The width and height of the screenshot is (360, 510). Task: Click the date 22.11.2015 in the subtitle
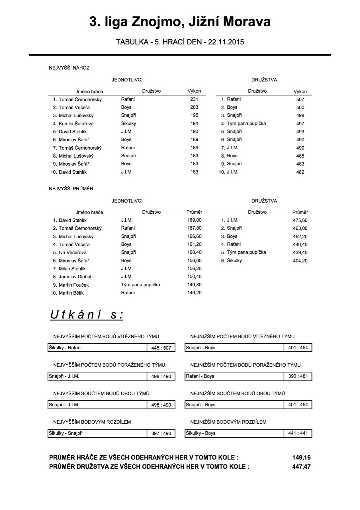coord(226,42)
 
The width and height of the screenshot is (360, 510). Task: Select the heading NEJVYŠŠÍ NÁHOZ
coord(69,68)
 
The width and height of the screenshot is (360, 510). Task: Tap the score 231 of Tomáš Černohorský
coord(194,99)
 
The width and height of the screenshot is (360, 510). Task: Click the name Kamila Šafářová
coord(76,124)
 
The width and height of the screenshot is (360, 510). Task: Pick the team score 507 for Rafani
coord(300,99)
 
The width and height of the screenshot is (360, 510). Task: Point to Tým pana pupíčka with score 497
coord(246,124)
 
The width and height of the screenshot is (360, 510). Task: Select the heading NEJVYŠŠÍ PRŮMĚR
coord(71,189)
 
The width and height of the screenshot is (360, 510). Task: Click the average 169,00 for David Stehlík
coord(194,220)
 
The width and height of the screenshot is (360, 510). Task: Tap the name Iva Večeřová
coord(73,252)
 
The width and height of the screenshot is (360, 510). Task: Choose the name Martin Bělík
coord(71,293)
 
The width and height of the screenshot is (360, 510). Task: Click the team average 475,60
coord(300,220)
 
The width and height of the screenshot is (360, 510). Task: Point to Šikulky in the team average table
coord(234,260)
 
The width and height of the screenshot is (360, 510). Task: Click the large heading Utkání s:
coord(87,315)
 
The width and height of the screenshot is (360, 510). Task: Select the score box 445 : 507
coord(161,348)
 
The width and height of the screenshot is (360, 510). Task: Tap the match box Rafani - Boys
coord(200,376)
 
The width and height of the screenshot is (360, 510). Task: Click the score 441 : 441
coord(298,433)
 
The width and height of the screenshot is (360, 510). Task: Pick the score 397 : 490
coord(161,433)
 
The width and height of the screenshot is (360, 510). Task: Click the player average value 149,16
coord(301,458)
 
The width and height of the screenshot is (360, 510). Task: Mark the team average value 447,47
coord(301,467)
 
